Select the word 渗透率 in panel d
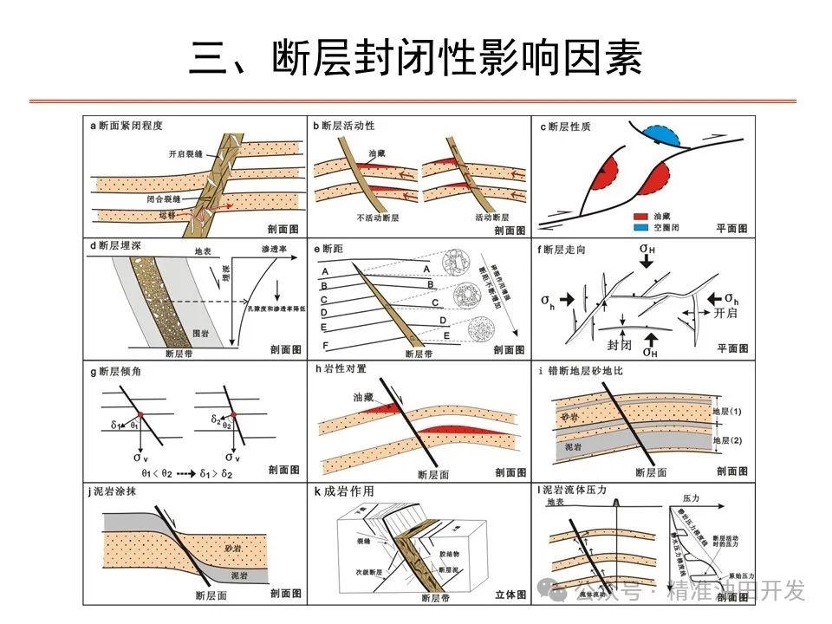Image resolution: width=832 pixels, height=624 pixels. pos(275,249)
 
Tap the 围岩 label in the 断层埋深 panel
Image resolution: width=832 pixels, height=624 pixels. pos(199,332)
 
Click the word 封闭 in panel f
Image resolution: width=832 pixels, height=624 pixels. pos(620,343)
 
